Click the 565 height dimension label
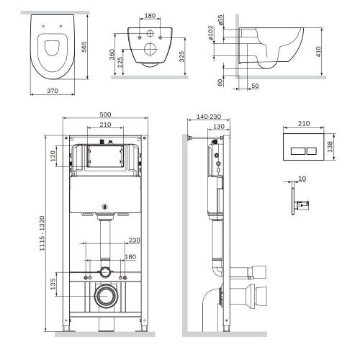point(84,47)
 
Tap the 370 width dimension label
point(53,91)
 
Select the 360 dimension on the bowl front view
point(112,55)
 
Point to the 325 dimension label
point(181,56)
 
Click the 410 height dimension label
point(318,52)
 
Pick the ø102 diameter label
point(210,33)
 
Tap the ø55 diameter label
point(220,20)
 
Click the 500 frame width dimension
point(105,114)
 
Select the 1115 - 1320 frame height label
point(42,233)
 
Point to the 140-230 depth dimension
point(209,117)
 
